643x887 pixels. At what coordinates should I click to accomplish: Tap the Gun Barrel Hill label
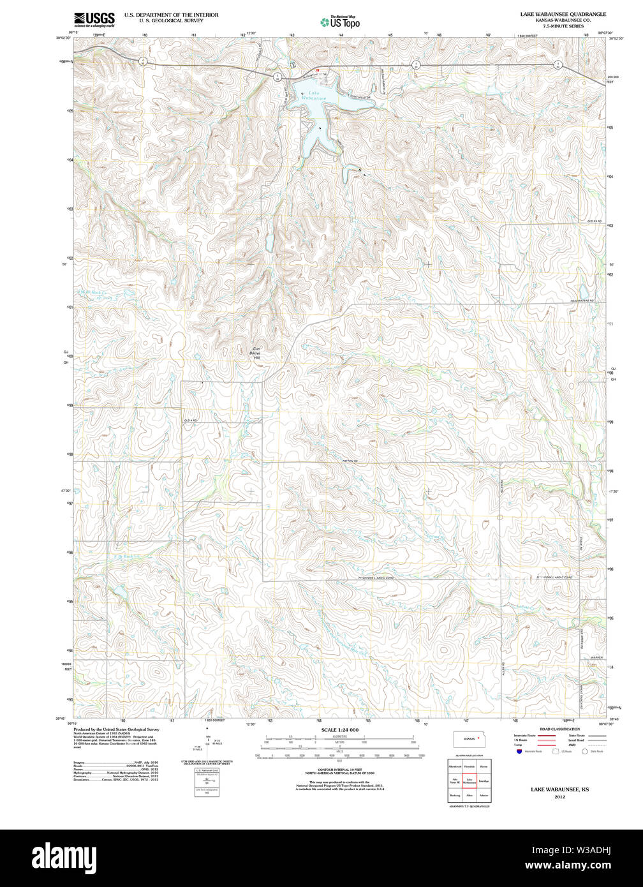pyautogui.click(x=257, y=353)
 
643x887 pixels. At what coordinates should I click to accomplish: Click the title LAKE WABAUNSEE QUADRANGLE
pyautogui.click(x=563, y=14)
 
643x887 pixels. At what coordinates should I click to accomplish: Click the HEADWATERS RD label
pyautogui.click(x=582, y=300)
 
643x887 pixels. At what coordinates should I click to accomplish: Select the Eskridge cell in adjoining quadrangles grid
pyautogui.click(x=484, y=780)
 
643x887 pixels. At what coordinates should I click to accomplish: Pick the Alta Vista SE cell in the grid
pyautogui.click(x=455, y=780)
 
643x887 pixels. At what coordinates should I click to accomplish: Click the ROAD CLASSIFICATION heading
pyautogui.click(x=559, y=729)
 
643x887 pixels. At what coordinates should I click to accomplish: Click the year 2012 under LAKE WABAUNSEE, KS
pyautogui.click(x=559, y=797)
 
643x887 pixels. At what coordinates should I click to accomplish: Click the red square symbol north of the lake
pyautogui.click(x=316, y=70)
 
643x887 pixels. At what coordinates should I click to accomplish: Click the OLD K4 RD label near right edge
pyautogui.click(x=594, y=221)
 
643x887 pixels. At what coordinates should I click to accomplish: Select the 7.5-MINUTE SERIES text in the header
pyautogui.click(x=563, y=26)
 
